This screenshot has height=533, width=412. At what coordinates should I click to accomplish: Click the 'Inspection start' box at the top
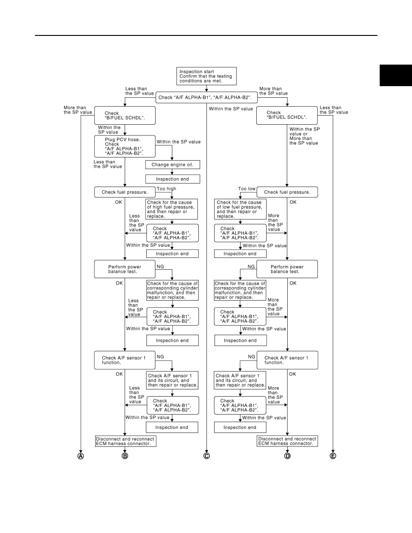coord(206,76)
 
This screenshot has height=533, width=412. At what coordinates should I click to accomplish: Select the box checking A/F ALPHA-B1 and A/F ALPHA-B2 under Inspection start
coord(206,97)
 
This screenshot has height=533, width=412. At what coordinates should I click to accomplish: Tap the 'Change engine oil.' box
coord(173,165)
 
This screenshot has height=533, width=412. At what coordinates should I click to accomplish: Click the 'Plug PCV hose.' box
coord(125,147)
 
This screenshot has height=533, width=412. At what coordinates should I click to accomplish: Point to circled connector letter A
coord(81,456)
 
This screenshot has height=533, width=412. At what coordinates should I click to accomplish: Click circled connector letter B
coord(125,456)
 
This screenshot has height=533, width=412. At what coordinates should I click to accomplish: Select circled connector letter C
coord(206,456)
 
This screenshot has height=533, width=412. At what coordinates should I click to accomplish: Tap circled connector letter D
coord(287,456)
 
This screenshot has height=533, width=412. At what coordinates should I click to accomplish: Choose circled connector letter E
coord(333,456)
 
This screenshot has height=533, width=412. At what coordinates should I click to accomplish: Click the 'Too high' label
coord(167,188)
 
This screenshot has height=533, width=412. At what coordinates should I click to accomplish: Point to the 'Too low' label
coord(247,188)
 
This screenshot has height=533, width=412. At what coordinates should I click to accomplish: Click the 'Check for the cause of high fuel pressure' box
coord(171,209)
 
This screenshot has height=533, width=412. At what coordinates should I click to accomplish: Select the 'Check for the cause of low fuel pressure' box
coord(241,209)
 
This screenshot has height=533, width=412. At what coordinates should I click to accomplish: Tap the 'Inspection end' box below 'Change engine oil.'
coord(173,179)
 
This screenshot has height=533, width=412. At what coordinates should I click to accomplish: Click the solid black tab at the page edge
coord(396,75)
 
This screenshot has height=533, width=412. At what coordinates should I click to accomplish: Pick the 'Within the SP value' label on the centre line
coord(231,109)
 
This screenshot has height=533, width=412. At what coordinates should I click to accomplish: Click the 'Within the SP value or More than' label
coord(305,136)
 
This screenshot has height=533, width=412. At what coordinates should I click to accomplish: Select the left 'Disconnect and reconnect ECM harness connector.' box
coord(125,441)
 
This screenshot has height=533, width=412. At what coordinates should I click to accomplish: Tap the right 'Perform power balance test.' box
coord(287,269)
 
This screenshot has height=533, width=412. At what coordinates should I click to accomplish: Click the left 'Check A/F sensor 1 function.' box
coord(125,360)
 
